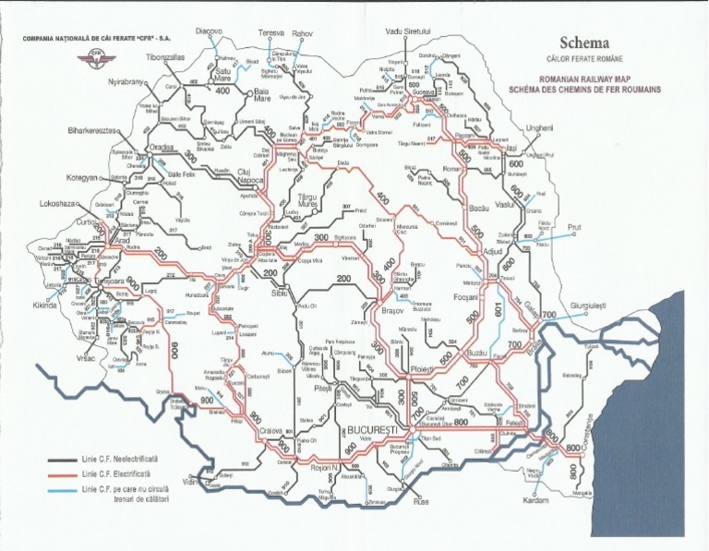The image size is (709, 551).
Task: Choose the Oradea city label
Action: (161, 147)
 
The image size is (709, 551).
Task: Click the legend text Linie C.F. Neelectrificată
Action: (120, 458)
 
